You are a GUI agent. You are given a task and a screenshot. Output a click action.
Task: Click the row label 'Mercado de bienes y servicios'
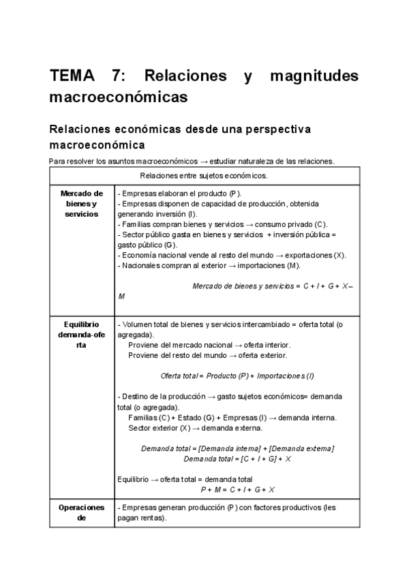[81, 204]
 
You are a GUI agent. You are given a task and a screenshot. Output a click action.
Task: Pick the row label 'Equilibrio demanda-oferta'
[81, 335]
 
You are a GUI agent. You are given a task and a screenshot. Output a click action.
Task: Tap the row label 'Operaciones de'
[81, 513]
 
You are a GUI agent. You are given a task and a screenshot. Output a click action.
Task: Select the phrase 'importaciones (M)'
[263, 265]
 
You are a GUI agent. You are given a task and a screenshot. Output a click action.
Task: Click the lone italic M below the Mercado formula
[121, 296]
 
